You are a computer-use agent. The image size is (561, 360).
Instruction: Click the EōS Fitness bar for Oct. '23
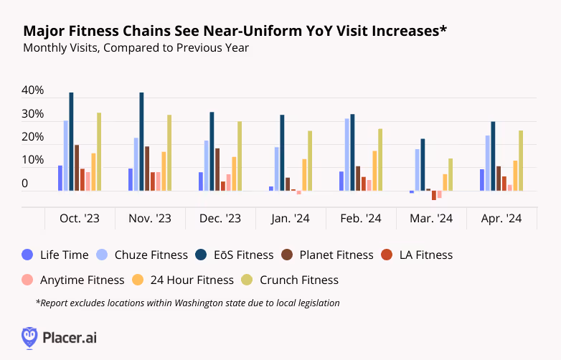(x=71, y=141)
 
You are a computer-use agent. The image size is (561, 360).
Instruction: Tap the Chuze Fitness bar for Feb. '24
(x=347, y=154)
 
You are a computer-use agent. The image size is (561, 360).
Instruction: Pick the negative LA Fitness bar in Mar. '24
(x=434, y=195)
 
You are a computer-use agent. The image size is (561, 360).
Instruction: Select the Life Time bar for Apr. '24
(x=482, y=180)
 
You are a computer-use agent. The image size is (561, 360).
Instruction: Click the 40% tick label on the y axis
(x=33, y=91)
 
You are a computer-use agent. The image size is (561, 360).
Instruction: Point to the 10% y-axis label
(x=33, y=161)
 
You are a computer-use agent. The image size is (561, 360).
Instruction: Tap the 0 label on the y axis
(x=25, y=184)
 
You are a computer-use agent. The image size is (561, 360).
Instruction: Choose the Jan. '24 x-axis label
(x=291, y=218)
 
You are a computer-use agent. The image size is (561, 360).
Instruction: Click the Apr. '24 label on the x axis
(x=501, y=218)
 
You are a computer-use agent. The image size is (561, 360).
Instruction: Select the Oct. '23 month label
(x=80, y=218)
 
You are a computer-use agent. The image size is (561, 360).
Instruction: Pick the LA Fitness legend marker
(x=387, y=255)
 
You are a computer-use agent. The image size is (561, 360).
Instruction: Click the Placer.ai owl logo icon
(x=29, y=337)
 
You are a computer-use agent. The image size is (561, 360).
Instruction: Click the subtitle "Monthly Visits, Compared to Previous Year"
(x=136, y=48)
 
